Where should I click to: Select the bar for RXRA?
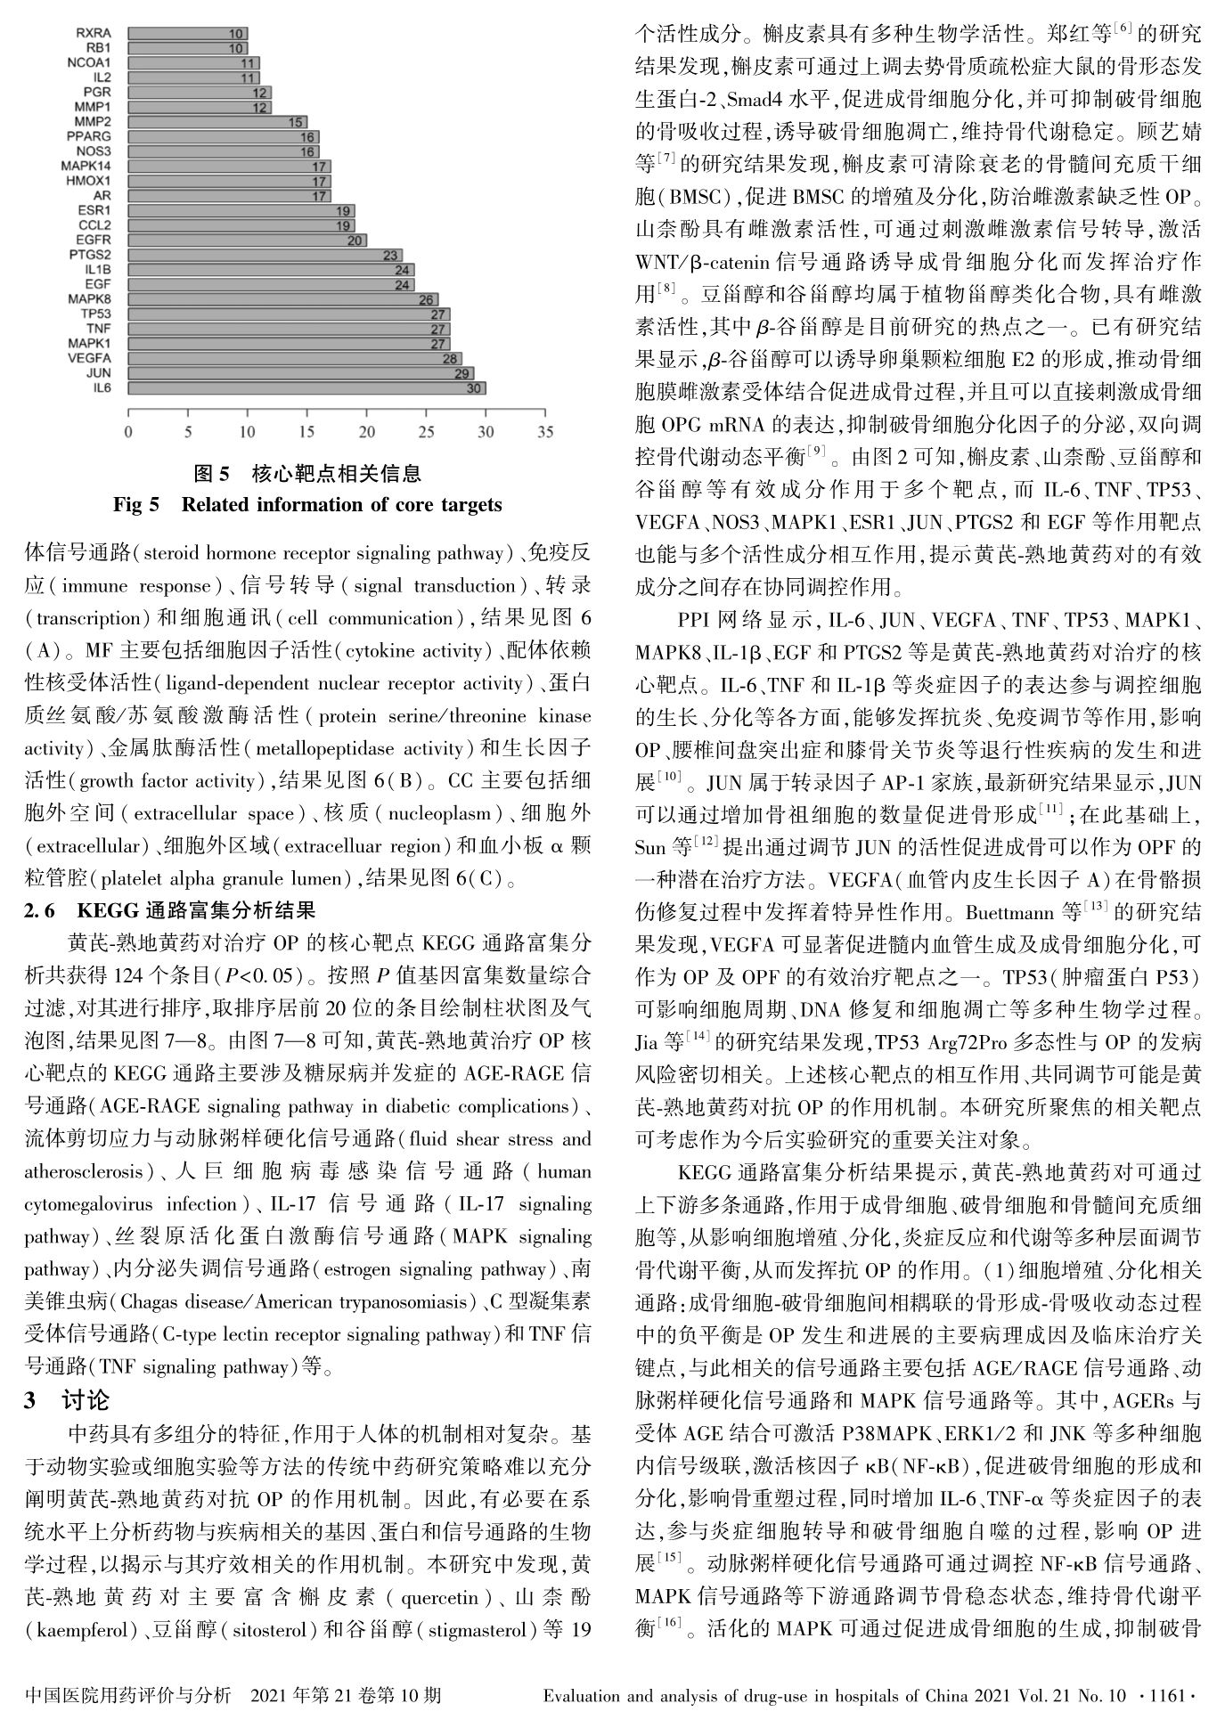(187, 34)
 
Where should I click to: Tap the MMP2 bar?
(216, 122)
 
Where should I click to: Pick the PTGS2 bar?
(265, 256)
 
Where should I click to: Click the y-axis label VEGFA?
(89, 358)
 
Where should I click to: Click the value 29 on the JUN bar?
(462, 373)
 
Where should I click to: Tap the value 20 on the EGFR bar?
(355, 240)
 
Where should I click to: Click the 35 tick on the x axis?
(545, 433)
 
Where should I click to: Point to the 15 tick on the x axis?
(306, 433)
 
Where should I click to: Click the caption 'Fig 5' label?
(135, 505)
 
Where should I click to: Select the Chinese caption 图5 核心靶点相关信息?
(307, 473)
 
